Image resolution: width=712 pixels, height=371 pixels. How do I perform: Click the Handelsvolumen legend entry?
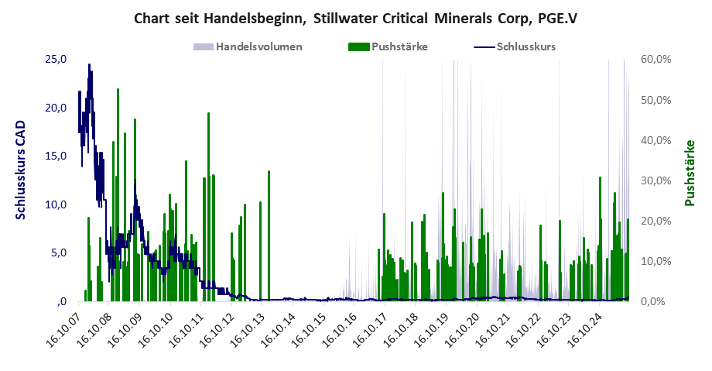click(x=258, y=46)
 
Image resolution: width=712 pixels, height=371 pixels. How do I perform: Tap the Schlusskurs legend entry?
click(x=526, y=46)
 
